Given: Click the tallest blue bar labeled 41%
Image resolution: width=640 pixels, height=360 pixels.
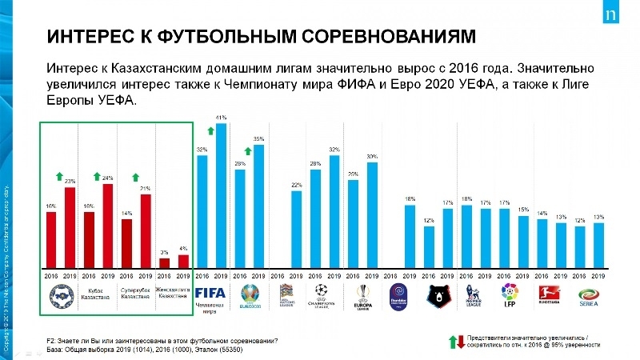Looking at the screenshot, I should click(x=222, y=195).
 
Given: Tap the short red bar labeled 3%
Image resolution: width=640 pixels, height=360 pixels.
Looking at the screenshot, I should click(x=165, y=262).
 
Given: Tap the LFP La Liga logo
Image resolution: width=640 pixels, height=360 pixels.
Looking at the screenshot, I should click(x=506, y=294).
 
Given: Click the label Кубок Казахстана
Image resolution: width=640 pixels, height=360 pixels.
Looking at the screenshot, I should click(x=97, y=293).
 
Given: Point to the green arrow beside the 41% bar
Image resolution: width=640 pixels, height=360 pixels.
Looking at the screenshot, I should click(x=210, y=130).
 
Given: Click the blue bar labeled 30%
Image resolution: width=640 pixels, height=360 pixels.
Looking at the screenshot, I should click(x=372, y=215).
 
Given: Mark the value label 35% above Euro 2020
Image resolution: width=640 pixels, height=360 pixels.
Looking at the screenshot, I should click(x=258, y=139).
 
